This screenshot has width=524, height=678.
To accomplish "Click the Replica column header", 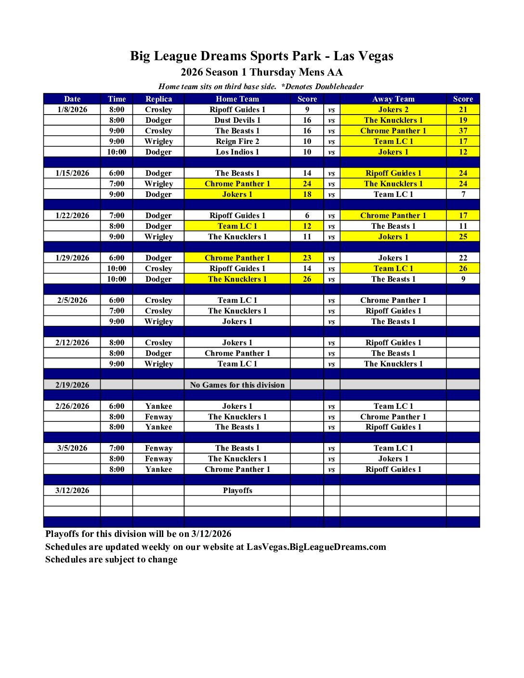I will (158, 99).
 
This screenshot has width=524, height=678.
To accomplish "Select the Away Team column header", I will (393, 99).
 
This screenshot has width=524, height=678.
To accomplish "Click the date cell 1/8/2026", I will (72, 109).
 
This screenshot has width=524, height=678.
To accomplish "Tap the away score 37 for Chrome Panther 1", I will (463, 130).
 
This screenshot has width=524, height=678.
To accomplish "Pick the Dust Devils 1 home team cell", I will (237, 120).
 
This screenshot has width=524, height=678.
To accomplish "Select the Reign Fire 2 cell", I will (237, 141).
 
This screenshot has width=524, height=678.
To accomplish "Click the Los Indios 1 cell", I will (237, 152).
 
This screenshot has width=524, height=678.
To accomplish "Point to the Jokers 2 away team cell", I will (393, 109).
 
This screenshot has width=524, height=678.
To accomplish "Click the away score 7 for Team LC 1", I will (463, 194).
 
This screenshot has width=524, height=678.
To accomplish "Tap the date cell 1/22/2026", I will (72, 215).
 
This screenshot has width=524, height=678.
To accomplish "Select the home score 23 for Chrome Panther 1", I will (307, 258).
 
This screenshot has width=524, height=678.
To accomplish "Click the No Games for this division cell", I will (237, 385).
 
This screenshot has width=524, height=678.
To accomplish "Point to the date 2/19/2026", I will (72, 385).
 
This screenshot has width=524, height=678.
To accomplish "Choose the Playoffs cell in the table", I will (237, 490).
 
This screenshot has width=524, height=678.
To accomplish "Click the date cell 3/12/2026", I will (72, 490).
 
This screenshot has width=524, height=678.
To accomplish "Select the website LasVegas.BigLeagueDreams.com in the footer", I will (316, 547).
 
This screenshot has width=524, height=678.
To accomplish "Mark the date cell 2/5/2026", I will (72, 300).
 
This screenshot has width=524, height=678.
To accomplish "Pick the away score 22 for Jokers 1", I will (463, 258).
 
